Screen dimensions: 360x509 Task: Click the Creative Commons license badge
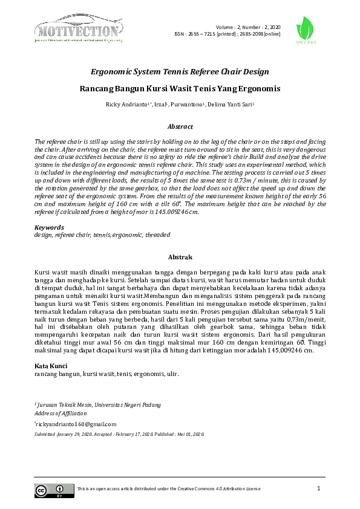pyautogui.click(x=50, y=490)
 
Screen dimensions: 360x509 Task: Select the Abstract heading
pyautogui.click(x=180, y=127)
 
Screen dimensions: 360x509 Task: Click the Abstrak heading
pyautogui.click(x=180, y=257)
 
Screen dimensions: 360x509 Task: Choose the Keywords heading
pyautogui.click(x=49, y=228)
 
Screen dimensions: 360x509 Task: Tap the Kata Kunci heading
pyautogui.click(x=51, y=366)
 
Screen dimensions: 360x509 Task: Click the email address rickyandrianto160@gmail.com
pyautogui.click(x=76, y=425)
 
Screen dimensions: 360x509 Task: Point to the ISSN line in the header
pyautogui.click(x=227, y=34)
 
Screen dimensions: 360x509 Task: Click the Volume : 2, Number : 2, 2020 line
pyautogui.click(x=248, y=27)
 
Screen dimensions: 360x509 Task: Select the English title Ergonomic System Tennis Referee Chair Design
pyautogui.click(x=180, y=71)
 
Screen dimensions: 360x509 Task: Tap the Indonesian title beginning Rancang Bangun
pyautogui.click(x=180, y=88)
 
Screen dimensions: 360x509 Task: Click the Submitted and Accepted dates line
pyautogui.click(x=120, y=434)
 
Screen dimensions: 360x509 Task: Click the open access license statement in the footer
pyautogui.click(x=169, y=488)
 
